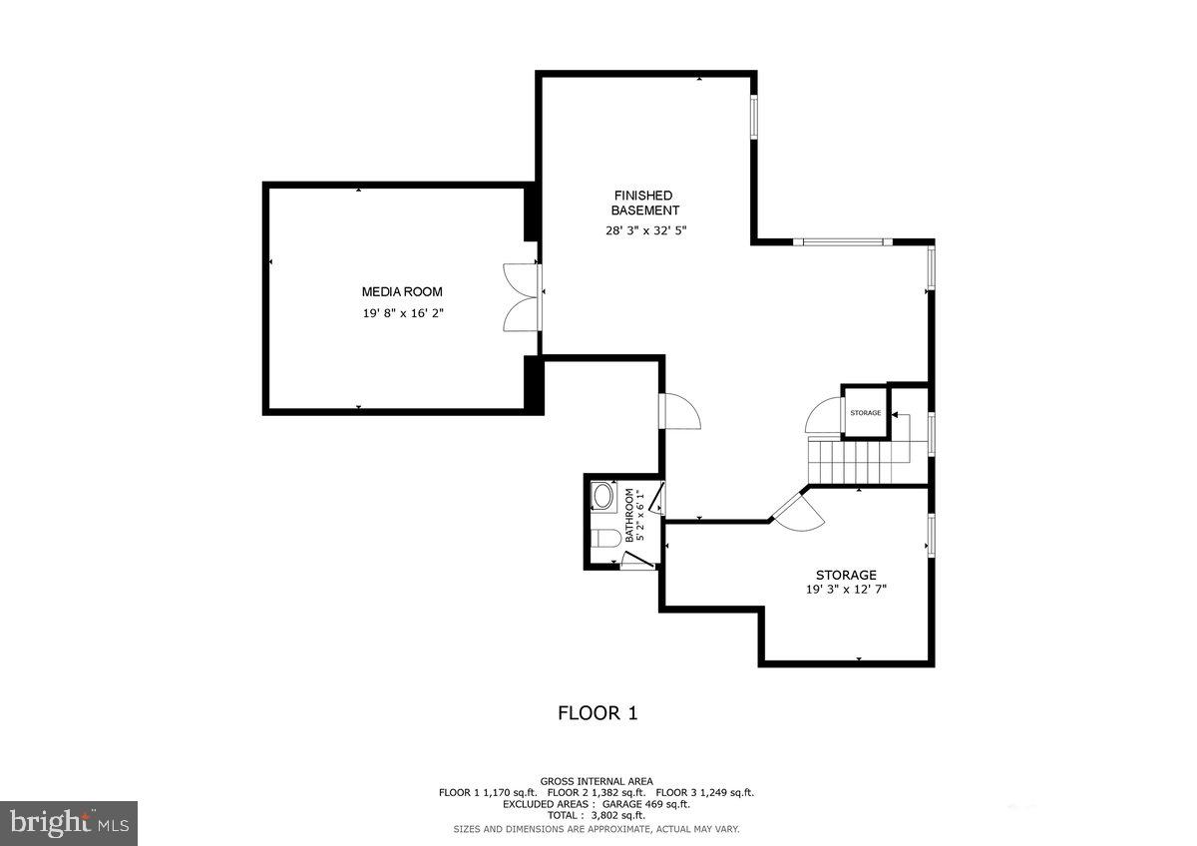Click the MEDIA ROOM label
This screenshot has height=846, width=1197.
coord(401,291)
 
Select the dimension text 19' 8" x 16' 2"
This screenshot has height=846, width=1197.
coord(401,313)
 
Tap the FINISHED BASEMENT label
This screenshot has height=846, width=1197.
coord(644,203)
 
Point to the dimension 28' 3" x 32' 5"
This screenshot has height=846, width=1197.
coord(645,230)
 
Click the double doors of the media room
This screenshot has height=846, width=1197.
coord(523,296)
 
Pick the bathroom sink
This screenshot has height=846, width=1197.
coord(602,496)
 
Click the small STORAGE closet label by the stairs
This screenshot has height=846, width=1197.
coord(865,413)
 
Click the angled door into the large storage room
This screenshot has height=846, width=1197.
coord(797,511)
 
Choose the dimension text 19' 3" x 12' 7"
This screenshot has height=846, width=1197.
coord(846,590)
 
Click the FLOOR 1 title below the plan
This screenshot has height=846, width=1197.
coord(597,713)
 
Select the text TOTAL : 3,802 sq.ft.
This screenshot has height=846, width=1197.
coord(597,815)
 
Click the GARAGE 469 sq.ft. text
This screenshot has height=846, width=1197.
coord(645,803)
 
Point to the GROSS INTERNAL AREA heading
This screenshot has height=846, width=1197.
coord(597,781)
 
